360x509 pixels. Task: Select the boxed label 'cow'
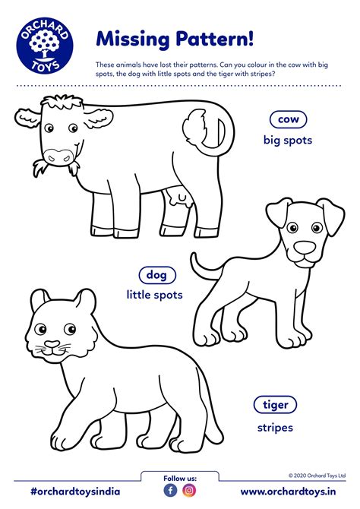[x=288, y=119]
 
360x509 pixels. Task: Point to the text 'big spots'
[x=288, y=140]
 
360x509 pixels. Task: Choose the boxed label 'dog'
[x=157, y=275]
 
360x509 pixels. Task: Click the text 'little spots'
[x=155, y=295]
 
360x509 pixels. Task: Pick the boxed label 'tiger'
[x=275, y=405]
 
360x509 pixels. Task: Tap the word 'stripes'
[x=275, y=428]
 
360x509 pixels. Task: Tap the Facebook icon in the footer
[x=170, y=490]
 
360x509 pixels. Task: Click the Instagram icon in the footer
[x=190, y=490]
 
